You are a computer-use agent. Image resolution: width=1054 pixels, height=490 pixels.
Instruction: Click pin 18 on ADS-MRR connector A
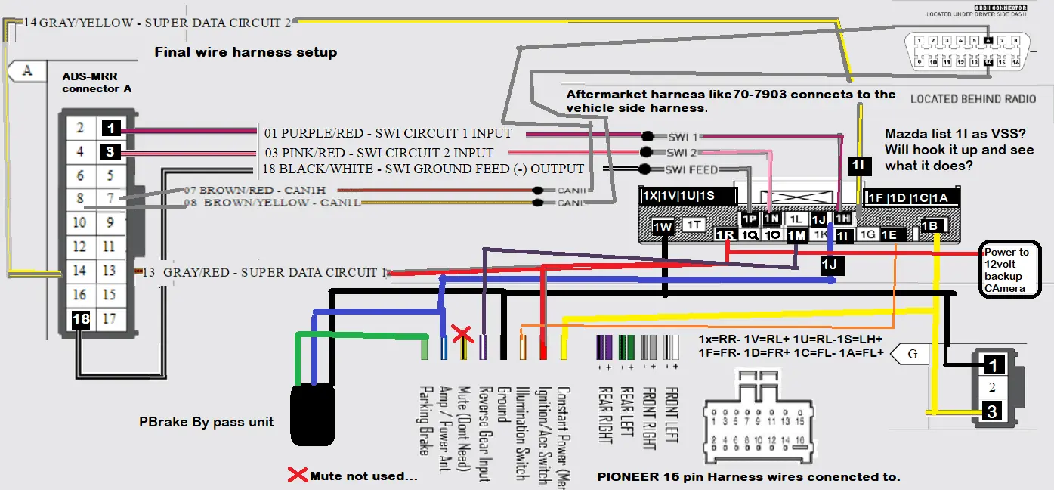81,319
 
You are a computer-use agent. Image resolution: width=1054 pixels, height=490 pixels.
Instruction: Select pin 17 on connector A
110,319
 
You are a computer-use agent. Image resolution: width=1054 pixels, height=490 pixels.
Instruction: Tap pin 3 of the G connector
993,412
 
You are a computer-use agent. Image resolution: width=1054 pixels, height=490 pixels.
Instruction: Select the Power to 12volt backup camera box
1011,270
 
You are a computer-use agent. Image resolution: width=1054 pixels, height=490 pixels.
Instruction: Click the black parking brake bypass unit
313,414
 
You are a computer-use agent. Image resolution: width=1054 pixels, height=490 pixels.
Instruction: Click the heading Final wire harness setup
246,52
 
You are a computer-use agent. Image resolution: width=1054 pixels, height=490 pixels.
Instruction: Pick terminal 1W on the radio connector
663,226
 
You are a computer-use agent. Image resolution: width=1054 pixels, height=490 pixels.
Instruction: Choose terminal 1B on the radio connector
931,225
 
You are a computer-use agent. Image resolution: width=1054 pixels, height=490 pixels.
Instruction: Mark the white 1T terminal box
694,225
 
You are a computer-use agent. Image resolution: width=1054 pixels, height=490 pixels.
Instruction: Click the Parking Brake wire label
424,420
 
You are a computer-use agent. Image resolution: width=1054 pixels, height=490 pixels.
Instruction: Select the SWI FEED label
691,169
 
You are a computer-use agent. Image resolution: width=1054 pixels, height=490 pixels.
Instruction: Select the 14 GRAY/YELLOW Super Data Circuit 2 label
157,23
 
